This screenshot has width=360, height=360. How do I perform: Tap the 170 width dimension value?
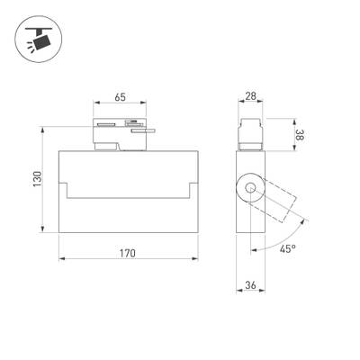pyautogui.click(x=127, y=253)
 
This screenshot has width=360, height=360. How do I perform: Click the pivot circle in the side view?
pyautogui.click(x=249, y=190)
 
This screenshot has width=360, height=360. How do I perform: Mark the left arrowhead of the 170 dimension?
pyautogui.click(x=62, y=261)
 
